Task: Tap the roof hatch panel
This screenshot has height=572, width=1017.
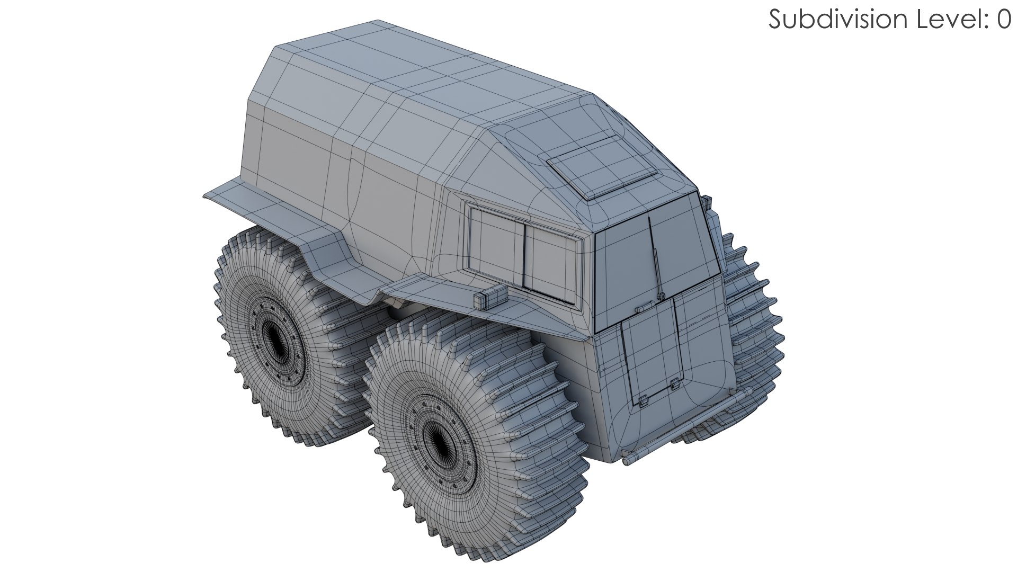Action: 601,166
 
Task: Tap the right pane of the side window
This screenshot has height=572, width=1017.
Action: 551,259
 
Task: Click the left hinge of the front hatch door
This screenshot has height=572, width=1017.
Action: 643,401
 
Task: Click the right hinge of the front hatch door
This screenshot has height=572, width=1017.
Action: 674,385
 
